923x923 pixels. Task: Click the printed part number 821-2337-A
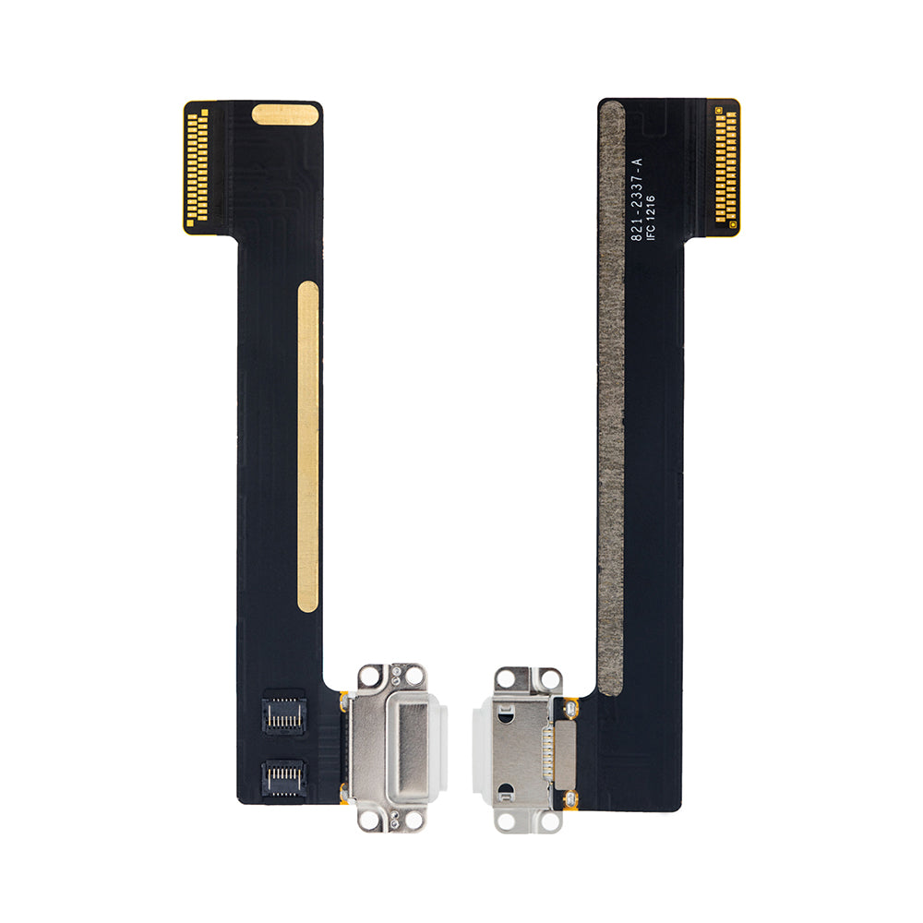637,199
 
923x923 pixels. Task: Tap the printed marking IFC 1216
651,218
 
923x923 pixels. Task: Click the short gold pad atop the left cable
285,114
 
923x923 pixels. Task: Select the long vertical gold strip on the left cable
308,446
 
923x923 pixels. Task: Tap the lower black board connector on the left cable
283,777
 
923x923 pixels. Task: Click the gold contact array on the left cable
198,167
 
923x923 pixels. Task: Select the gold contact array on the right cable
726,167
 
